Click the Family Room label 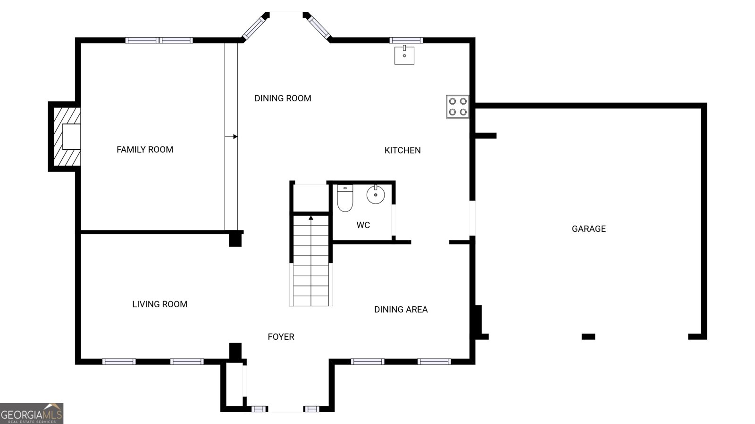(145, 149)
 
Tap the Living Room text (160, 304)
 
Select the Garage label (589, 229)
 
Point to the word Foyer (281, 337)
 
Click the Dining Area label (401, 310)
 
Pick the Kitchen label (403, 150)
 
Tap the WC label (363, 225)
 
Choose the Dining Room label (283, 98)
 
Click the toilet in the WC (345, 198)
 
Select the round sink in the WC (376, 195)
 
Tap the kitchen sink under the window (404, 55)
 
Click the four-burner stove (458, 106)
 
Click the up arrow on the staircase (311, 218)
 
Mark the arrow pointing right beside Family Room (231, 137)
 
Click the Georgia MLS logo (32, 414)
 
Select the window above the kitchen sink (406, 41)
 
